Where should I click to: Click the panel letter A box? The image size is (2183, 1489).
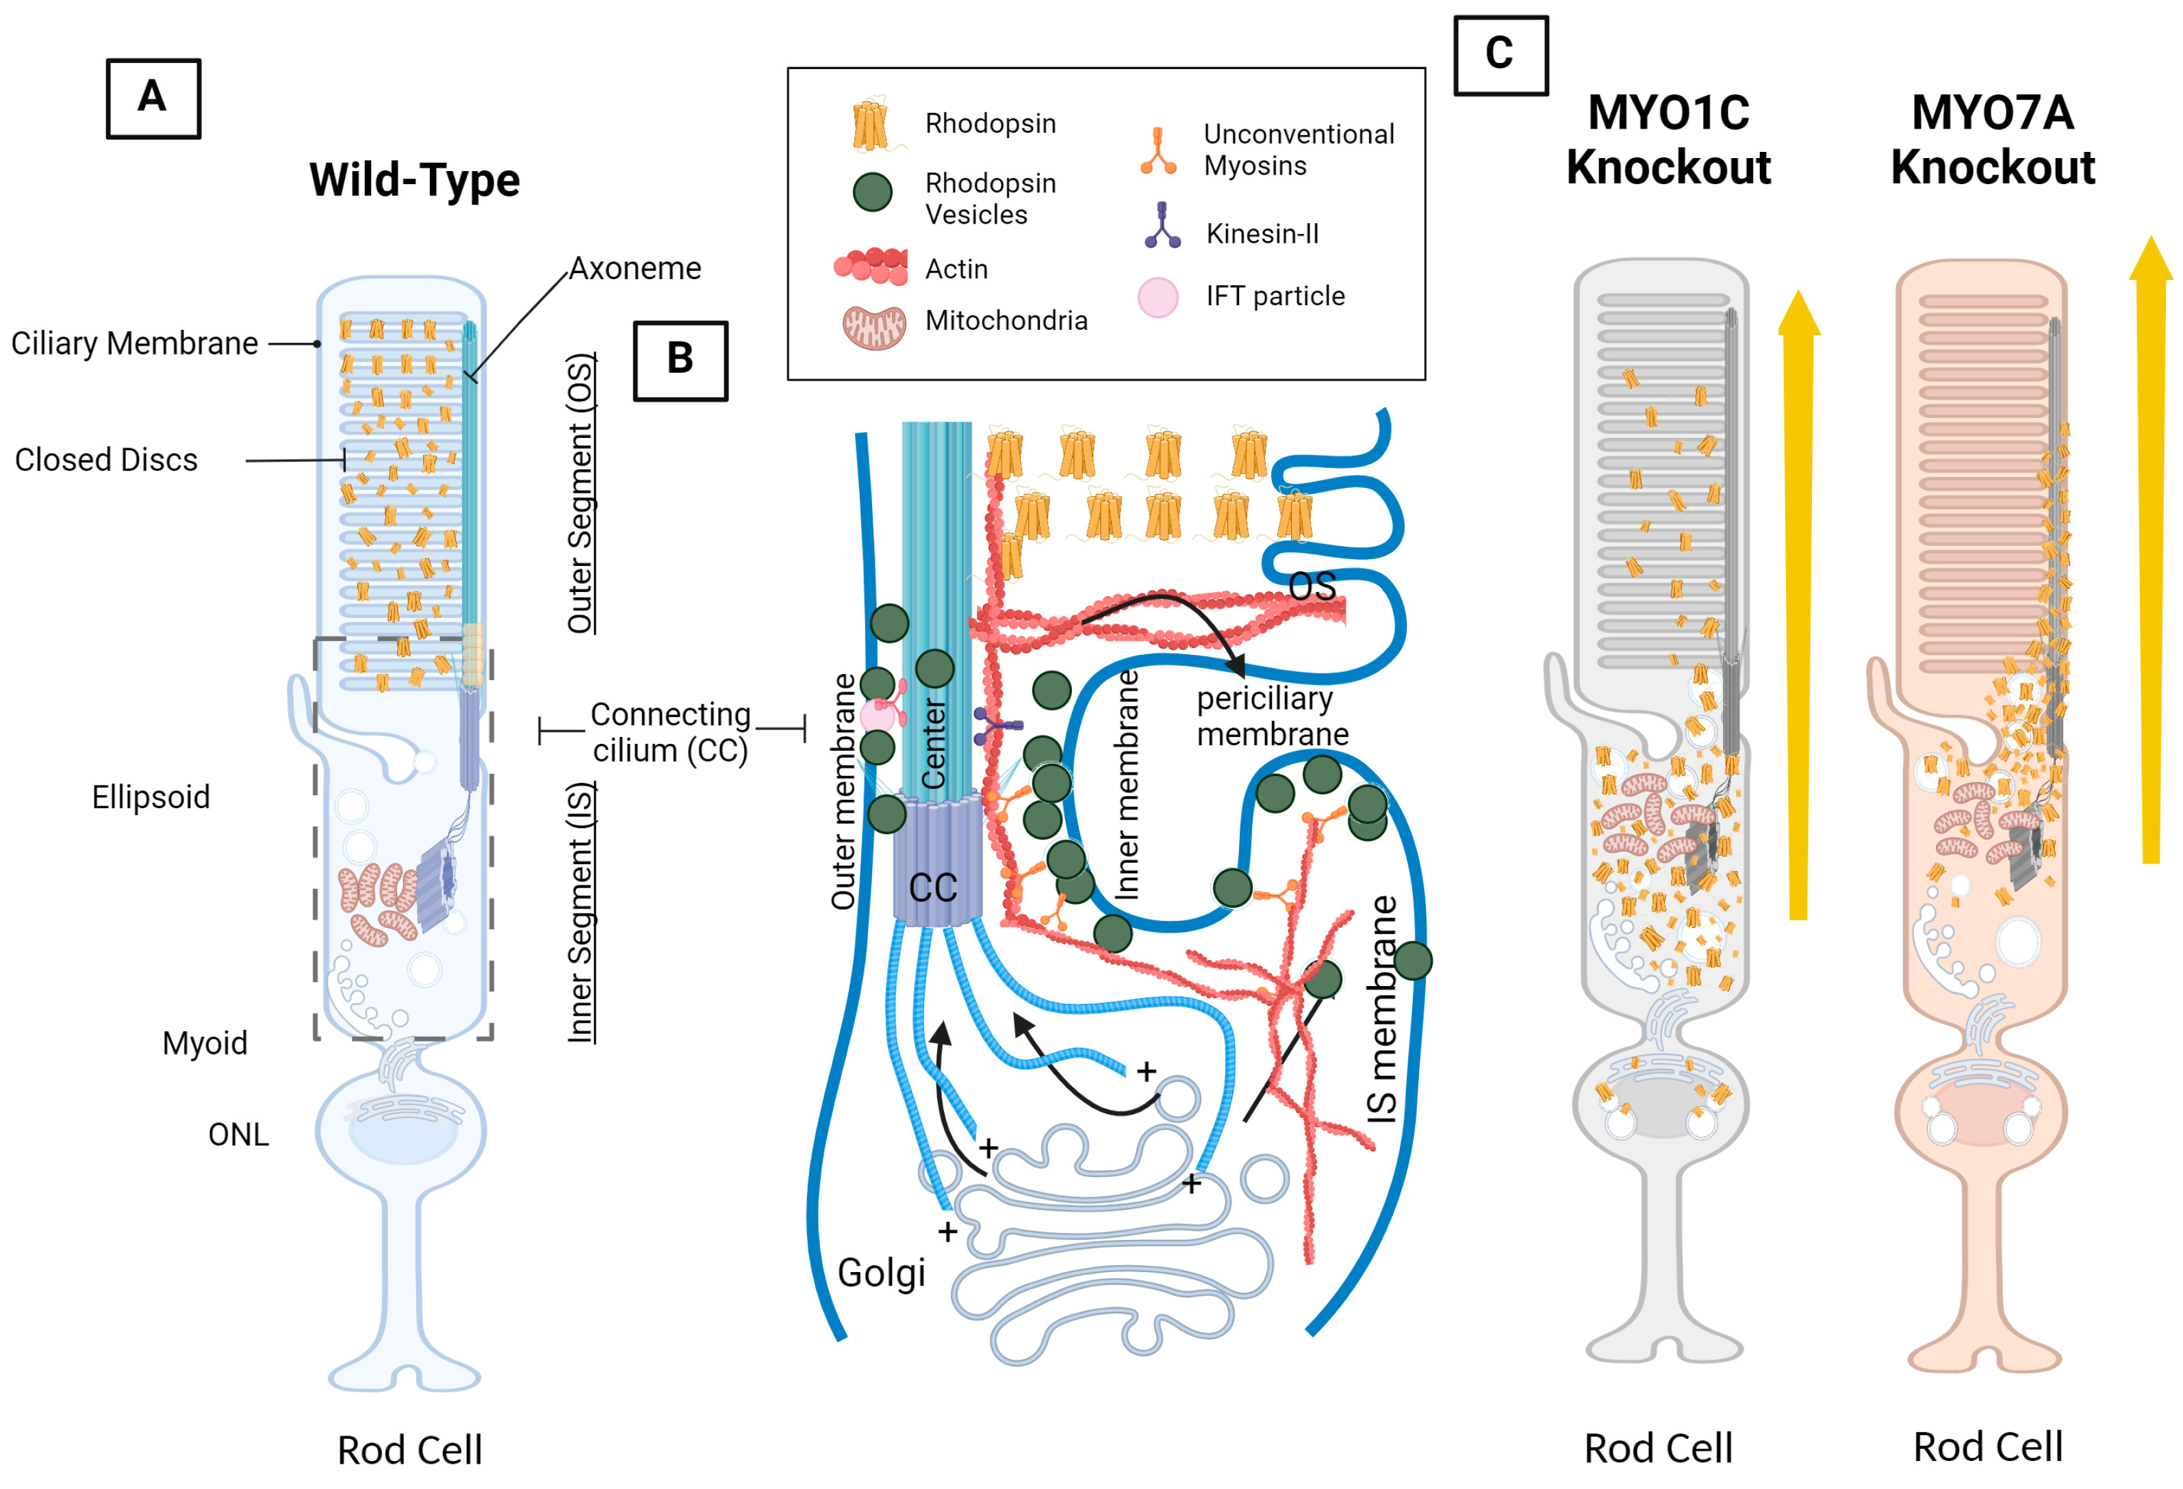click(x=153, y=99)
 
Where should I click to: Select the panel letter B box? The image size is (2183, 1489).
click(x=680, y=361)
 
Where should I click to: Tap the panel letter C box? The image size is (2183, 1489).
click(x=1500, y=55)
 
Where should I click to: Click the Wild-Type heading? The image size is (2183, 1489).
click(x=414, y=179)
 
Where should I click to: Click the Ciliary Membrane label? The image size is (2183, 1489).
click(x=134, y=344)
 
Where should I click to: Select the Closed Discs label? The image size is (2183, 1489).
click(x=106, y=460)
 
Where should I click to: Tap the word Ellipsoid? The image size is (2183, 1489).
click(x=151, y=797)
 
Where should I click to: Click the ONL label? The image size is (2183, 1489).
click(x=239, y=1134)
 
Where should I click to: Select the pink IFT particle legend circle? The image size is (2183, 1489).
click(x=1158, y=298)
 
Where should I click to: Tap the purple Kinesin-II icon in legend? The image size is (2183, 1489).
click(x=1162, y=225)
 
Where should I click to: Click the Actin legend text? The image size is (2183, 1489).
click(x=956, y=270)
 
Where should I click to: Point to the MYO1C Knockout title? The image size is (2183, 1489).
click(x=1668, y=140)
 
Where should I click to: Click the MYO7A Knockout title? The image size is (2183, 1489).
click(x=1992, y=140)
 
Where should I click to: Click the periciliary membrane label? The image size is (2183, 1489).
click(x=1273, y=715)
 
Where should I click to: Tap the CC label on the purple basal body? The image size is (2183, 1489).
click(x=933, y=888)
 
